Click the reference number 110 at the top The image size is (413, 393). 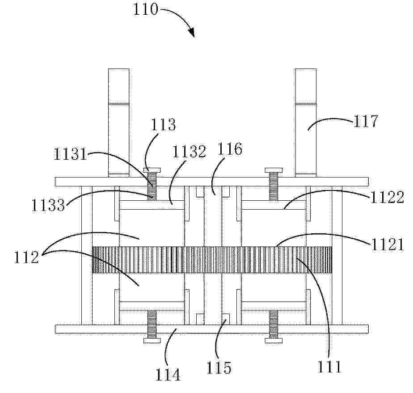click(x=145, y=9)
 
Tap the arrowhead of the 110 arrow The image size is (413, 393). click(x=192, y=33)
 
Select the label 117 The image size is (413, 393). click(x=365, y=121)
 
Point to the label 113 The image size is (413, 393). click(x=163, y=124)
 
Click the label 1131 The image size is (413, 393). click(x=70, y=153)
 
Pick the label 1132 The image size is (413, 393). click(x=189, y=151)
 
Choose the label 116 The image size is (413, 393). click(x=229, y=149)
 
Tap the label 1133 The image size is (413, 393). click(x=48, y=205)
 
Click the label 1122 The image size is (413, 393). click(x=387, y=197)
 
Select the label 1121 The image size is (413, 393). click(x=388, y=244)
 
